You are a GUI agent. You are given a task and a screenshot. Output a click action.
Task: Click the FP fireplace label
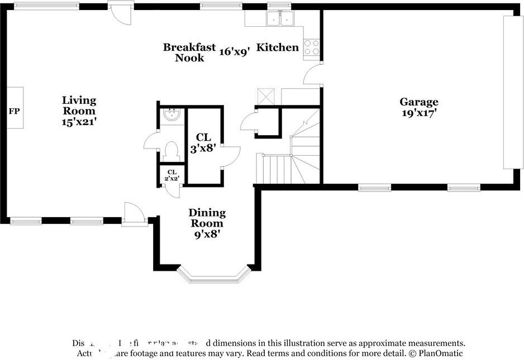coord(14,112)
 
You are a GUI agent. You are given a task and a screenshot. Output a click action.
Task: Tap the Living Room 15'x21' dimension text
coord(79,122)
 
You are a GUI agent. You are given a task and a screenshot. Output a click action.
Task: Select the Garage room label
coord(418,102)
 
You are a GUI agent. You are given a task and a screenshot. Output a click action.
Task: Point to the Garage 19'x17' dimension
coord(418,112)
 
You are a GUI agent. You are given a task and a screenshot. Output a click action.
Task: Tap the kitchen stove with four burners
coord(312,47)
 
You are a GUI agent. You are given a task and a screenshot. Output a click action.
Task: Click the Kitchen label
coord(278,47)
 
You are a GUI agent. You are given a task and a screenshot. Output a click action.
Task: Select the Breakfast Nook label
coord(189,52)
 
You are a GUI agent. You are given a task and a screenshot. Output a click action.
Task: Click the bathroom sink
coord(172,116)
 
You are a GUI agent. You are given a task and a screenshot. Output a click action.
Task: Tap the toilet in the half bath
coord(172,151)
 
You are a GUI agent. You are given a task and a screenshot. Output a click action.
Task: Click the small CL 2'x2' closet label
coord(172,175)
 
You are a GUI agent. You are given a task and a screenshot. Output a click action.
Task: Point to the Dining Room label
coord(207,218)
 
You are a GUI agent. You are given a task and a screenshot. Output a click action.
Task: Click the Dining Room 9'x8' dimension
coord(207,234)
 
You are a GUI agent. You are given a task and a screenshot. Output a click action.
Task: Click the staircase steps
coord(274,169)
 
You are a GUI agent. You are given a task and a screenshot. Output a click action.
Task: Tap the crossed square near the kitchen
coord(264,96)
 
